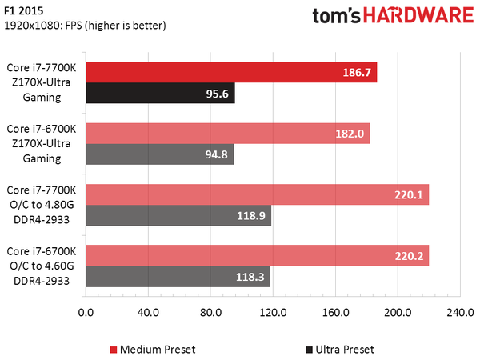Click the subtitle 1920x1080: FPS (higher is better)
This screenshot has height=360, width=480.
pyautogui.click(x=84, y=26)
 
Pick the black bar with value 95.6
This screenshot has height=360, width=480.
pyautogui.click(x=159, y=93)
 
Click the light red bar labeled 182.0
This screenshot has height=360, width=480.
pyautogui.click(x=226, y=133)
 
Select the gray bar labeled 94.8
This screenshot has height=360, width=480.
pyautogui.click(x=158, y=154)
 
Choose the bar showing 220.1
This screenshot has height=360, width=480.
pyautogui.click(x=256, y=194)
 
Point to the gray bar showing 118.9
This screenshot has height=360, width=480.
pyautogui.click(x=178, y=215)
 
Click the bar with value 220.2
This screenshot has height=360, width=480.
pyautogui.click(x=256, y=256)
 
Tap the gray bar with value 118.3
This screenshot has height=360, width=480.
pyautogui.click(x=177, y=277)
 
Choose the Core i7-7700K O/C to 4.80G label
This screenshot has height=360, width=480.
pyautogui.click(x=41, y=205)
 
